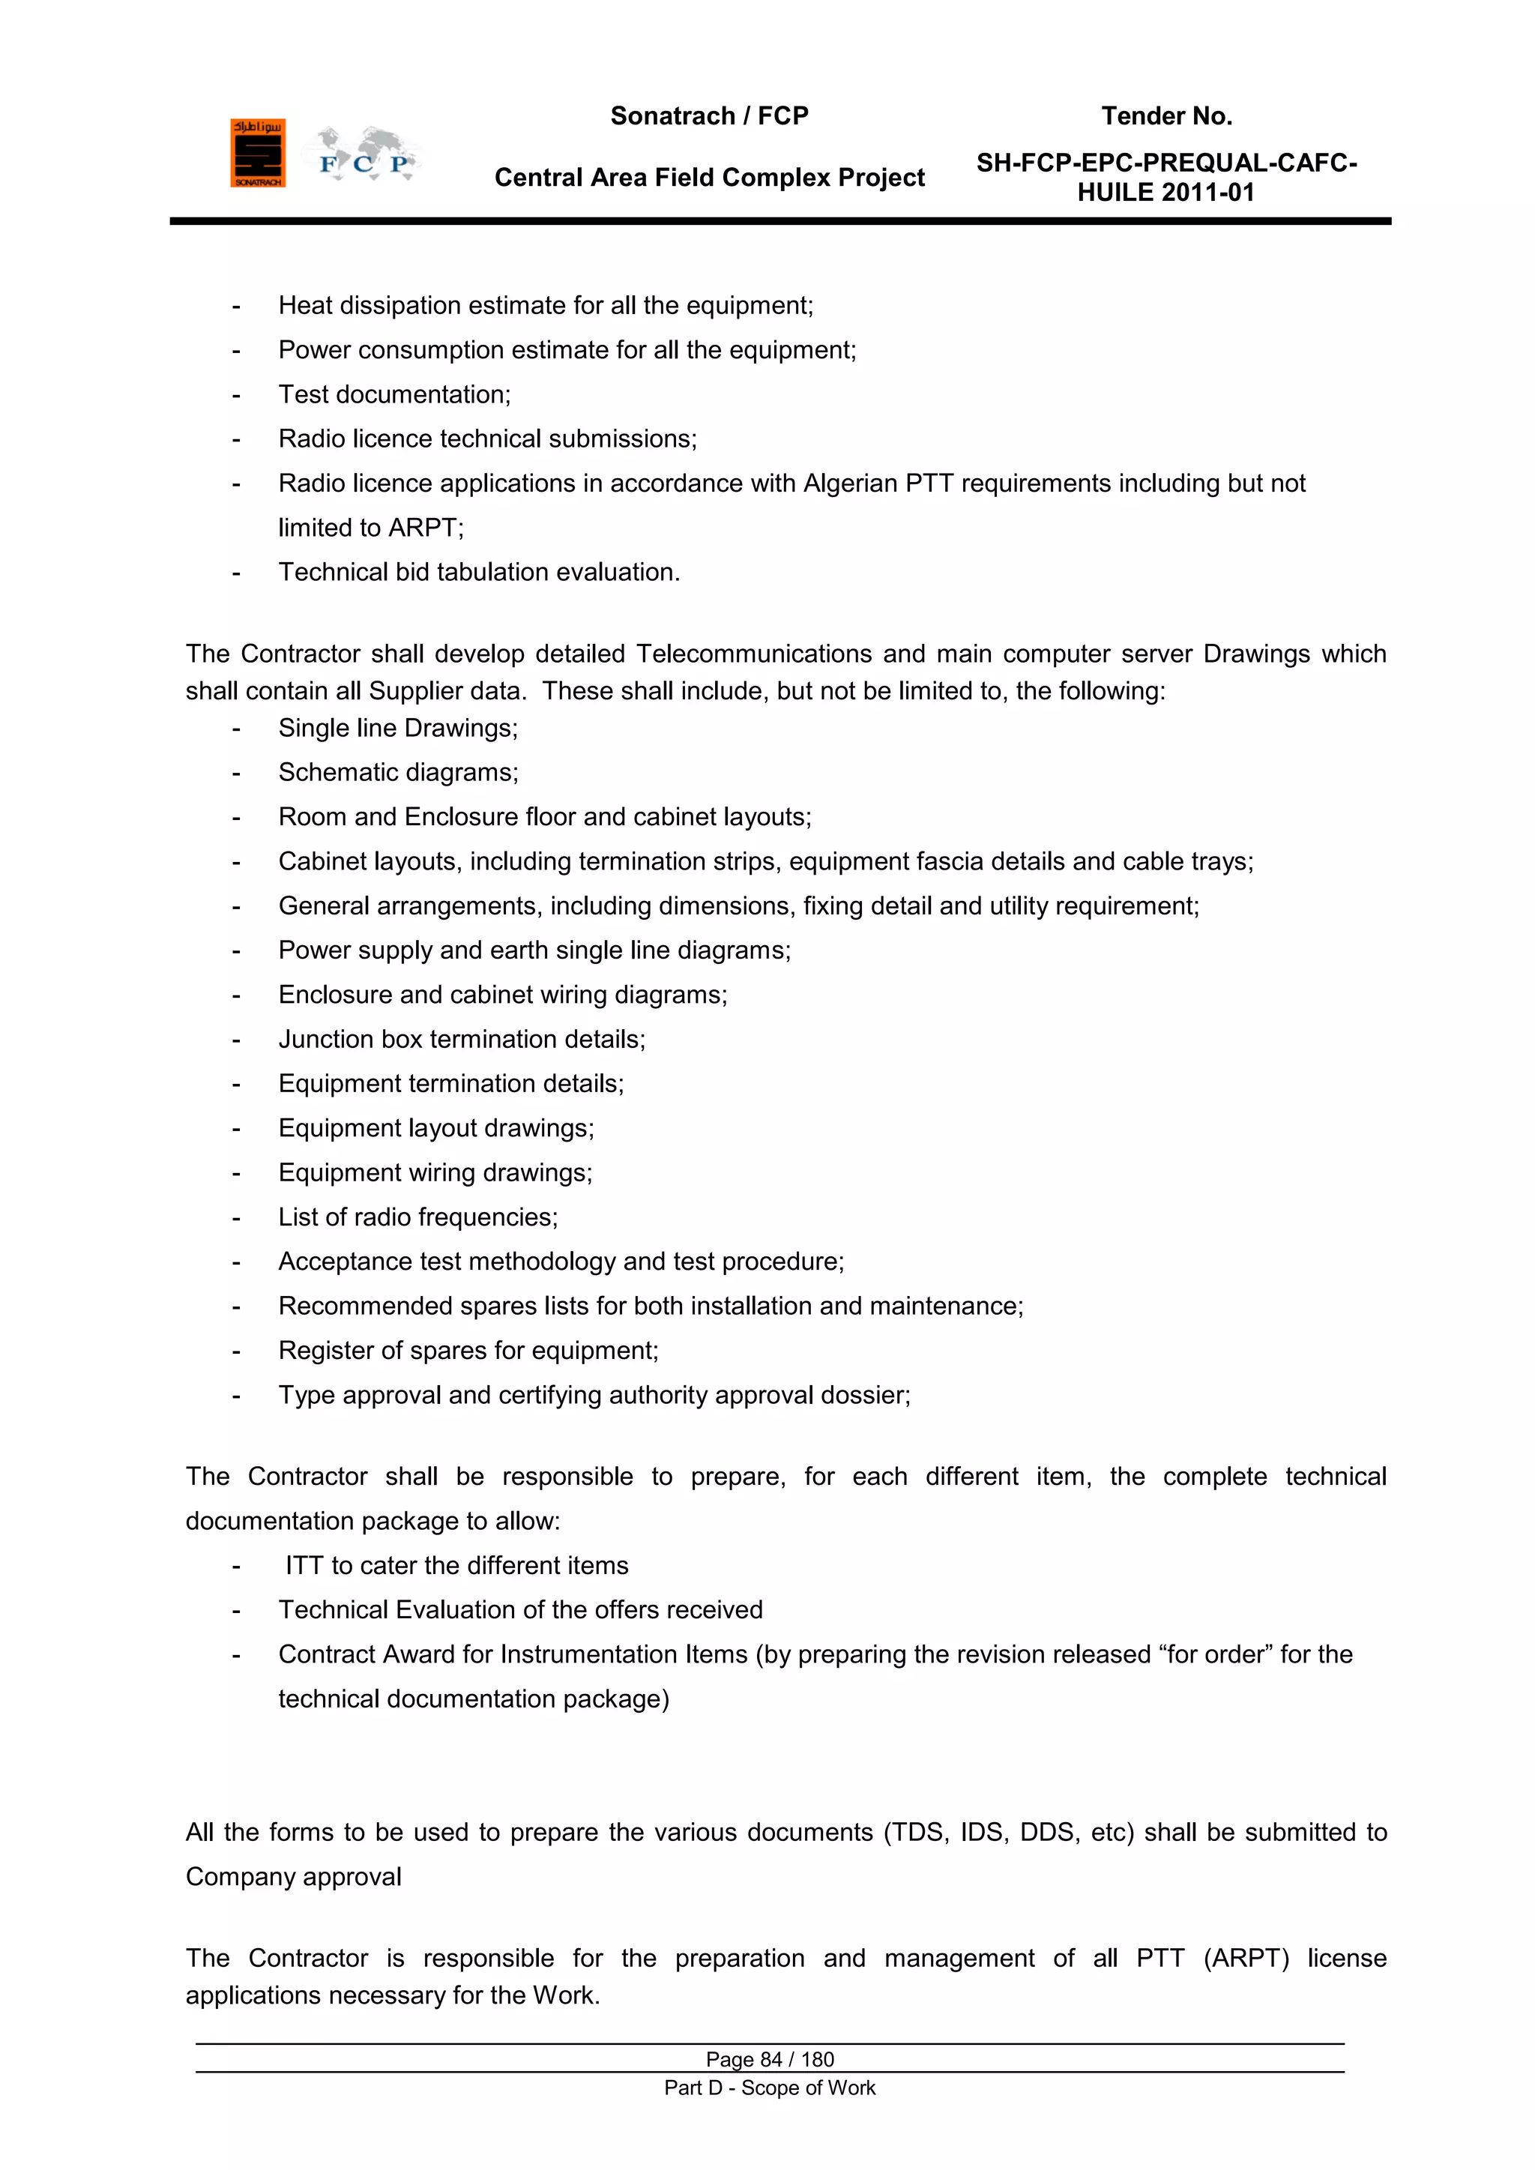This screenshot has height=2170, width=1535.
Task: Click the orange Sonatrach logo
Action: [257, 153]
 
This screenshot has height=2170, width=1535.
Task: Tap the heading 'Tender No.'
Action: [1166, 116]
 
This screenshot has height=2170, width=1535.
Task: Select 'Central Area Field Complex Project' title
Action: [709, 178]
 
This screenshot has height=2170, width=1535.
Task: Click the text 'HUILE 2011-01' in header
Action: [1165, 193]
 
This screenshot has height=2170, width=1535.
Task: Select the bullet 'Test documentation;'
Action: [394, 395]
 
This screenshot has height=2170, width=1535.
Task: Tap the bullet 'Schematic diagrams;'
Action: [398, 773]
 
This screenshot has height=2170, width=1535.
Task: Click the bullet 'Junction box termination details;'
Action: [461, 1040]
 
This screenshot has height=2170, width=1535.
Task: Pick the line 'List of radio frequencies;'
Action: [417, 1217]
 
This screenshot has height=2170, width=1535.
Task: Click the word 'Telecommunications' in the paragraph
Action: [753, 654]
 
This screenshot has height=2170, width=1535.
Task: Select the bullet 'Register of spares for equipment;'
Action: [468, 1351]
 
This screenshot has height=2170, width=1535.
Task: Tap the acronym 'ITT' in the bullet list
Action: [304, 1566]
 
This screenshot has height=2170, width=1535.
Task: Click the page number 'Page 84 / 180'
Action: [770, 2059]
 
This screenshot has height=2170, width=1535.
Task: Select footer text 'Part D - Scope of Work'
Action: [770, 2088]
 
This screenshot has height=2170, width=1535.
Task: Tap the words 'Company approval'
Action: [293, 1877]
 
